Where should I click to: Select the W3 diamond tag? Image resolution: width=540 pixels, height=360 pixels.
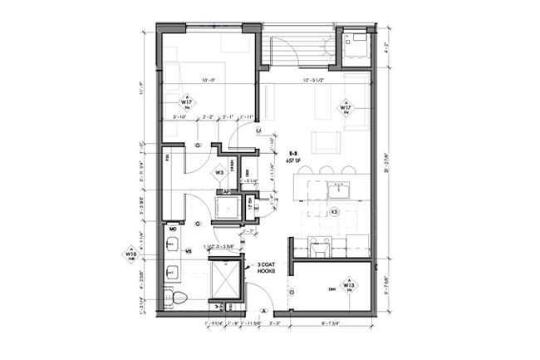[x=220, y=172]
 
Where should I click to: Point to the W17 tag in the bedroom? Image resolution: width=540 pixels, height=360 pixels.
[x=186, y=104]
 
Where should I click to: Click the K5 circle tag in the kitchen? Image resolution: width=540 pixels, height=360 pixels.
[x=335, y=213]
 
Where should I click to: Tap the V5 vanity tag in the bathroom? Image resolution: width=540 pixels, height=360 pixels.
[x=188, y=249]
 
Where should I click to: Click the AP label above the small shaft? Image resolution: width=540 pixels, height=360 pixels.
[x=225, y=190]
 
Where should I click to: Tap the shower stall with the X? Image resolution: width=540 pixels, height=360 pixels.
[x=223, y=278]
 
